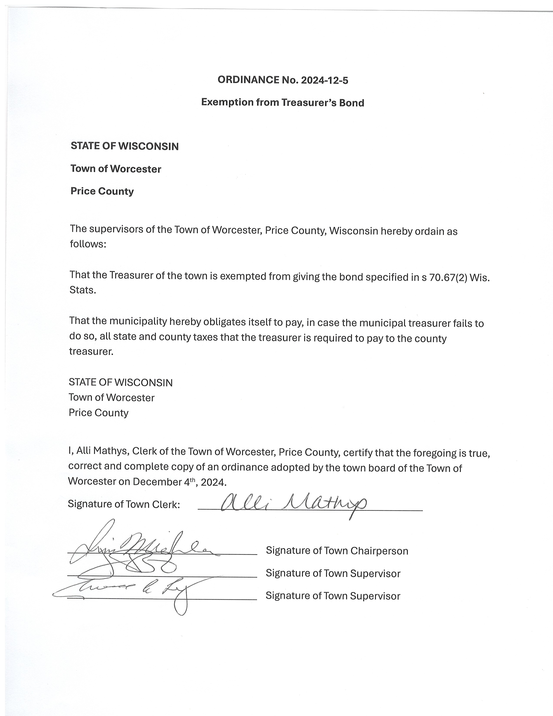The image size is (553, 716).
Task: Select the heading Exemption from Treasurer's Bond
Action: [x=282, y=103]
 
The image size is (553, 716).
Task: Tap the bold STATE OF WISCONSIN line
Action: [x=124, y=146]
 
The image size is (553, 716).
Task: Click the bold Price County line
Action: [x=102, y=191]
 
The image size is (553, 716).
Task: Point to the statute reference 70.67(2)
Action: [x=448, y=277]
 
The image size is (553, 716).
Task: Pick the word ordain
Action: [x=429, y=231]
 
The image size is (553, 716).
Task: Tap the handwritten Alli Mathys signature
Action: [x=293, y=503]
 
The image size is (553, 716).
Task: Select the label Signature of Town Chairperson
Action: [x=337, y=551]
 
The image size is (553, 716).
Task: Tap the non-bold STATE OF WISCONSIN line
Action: [x=121, y=383]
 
